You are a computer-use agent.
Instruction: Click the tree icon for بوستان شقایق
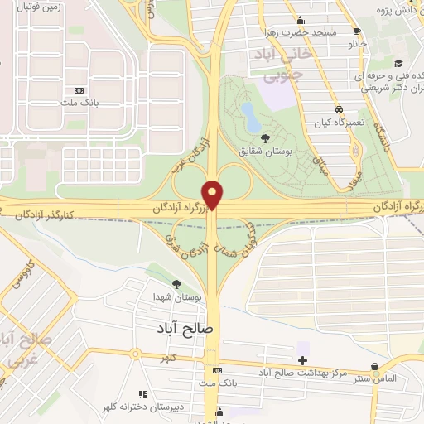tap(265, 138)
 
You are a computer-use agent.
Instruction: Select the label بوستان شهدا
tap(174, 297)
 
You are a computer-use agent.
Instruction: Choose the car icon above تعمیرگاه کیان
tap(339, 109)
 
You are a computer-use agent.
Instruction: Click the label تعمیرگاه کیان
tap(338, 123)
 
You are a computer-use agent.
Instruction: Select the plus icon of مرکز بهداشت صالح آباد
tap(302, 360)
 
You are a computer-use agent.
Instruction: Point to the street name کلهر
tap(170, 358)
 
